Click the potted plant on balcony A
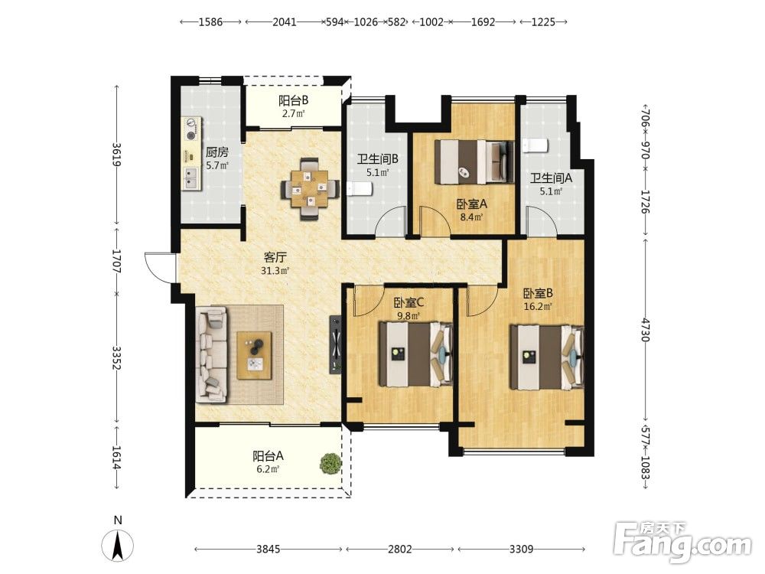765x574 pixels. [x=330, y=463]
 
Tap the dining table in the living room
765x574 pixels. [x=311, y=189]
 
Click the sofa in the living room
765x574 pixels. [x=211, y=354]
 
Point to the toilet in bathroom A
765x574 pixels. [x=535, y=145]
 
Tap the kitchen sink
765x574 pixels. [x=190, y=178]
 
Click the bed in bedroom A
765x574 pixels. [x=474, y=162]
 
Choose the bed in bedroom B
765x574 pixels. [x=547, y=357]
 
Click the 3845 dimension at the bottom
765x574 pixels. [x=269, y=550]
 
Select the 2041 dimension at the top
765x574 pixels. [x=285, y=22]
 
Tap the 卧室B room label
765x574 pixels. [x=538, y=293]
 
